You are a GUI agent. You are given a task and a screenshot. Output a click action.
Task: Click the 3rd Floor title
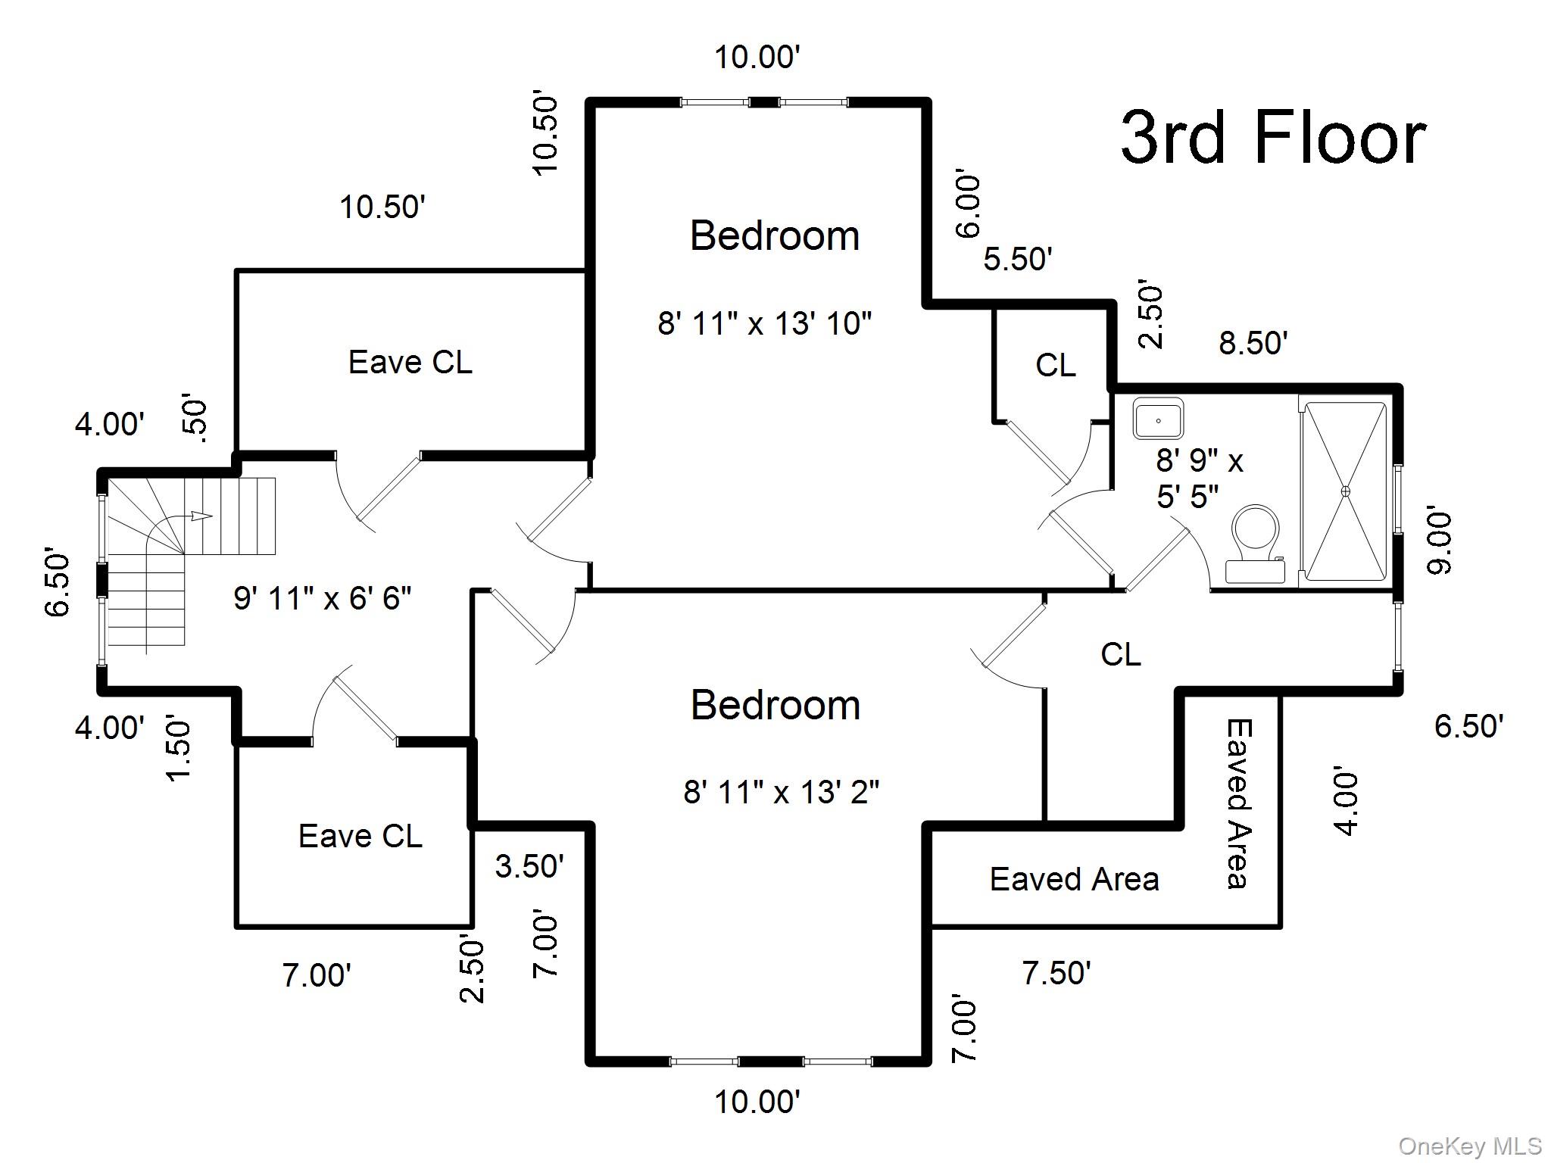pos(1273,138)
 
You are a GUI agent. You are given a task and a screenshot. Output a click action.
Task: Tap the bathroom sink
pos(1159,419)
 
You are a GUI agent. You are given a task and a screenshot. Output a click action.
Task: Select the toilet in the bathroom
pos(1255,544)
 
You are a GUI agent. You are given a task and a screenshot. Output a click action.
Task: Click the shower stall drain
pos(1346,491)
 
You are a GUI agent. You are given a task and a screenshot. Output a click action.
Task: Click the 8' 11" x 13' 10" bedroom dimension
pos(765,323)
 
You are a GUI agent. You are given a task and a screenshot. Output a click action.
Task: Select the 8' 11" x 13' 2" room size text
pos(782,792)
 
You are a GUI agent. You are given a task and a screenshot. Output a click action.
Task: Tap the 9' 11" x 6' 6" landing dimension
pos(323,598)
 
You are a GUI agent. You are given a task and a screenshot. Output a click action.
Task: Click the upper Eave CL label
pos(410,362)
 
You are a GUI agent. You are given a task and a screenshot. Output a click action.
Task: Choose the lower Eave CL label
pos(360,836)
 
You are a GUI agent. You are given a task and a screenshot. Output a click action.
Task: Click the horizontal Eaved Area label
pos(1075,879)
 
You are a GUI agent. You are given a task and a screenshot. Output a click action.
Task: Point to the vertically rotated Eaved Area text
pos(1239,803)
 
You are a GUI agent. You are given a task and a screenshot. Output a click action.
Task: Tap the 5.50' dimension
pos(1018,259)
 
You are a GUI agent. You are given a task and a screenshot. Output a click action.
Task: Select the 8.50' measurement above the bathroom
pos(1253,343)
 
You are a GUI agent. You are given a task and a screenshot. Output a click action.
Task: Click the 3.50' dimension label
pos(529,865)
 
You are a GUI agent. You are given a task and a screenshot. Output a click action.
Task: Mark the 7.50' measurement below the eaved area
pos(1056,973)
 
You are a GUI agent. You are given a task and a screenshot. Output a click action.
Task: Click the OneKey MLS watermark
pos(1470,1146)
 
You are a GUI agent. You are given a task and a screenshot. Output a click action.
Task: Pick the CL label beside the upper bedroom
pos(1056,366)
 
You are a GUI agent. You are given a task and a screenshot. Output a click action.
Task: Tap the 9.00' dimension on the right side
pos(1439,542)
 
